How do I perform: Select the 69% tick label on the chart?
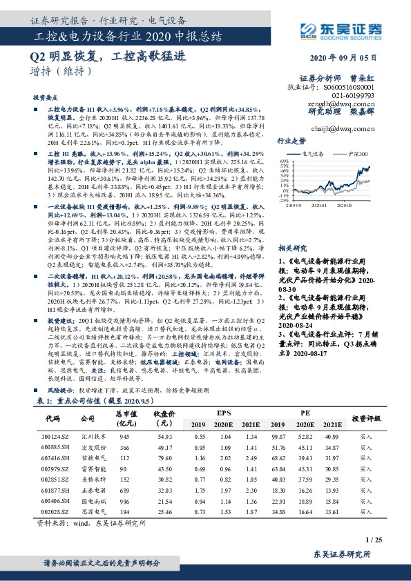(x=283, y=161)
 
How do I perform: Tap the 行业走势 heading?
(x=291, y=140)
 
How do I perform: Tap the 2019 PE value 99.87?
(x=276, y=437)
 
